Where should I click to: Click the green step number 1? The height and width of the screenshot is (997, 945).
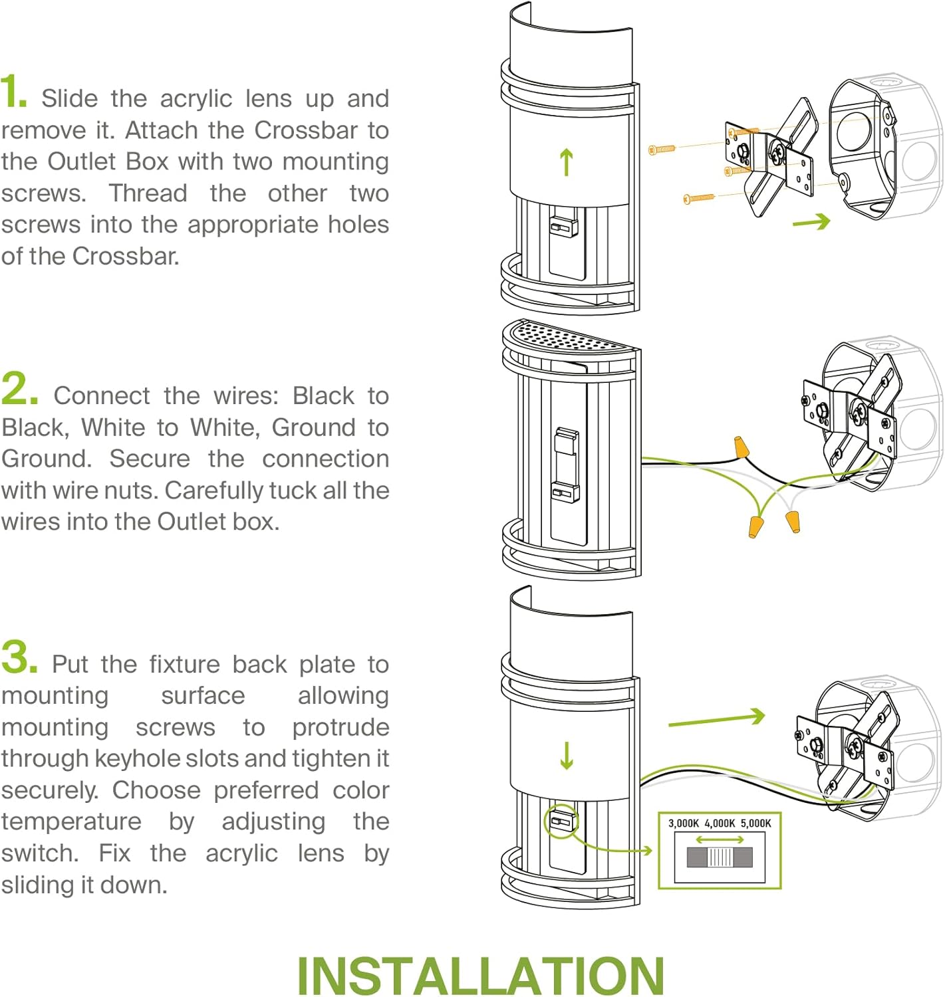[x=14, y=91]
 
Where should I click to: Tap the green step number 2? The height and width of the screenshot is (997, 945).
[x=19, y=388]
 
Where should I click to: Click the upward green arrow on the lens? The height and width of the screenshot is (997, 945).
[x=567, y=162]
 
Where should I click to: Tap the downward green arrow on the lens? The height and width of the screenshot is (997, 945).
[x=567, y=755]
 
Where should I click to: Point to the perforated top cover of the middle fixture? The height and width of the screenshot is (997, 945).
[x=569, y=336]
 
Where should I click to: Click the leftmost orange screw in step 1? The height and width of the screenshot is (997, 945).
[x=662, y=149]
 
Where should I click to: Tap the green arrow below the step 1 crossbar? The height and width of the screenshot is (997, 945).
[x=811, y=221]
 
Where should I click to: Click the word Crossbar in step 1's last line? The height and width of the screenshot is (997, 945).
[x=125, y=256]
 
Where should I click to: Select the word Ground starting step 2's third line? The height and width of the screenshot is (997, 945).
[x=46, y=459]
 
